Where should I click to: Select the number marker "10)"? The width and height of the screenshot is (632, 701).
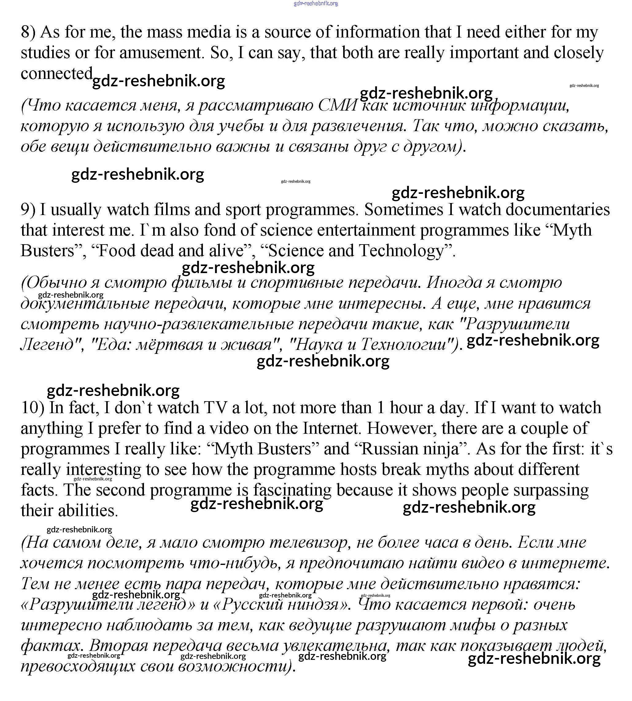[x=33, y=408]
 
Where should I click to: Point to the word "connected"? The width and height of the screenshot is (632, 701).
[x=56, y=74]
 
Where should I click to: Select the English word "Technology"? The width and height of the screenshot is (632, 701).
[x=401, y=251]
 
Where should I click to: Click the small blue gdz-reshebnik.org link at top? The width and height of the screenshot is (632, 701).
[x=316, y=3]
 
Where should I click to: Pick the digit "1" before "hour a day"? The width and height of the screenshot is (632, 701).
[x=381, y=408]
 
